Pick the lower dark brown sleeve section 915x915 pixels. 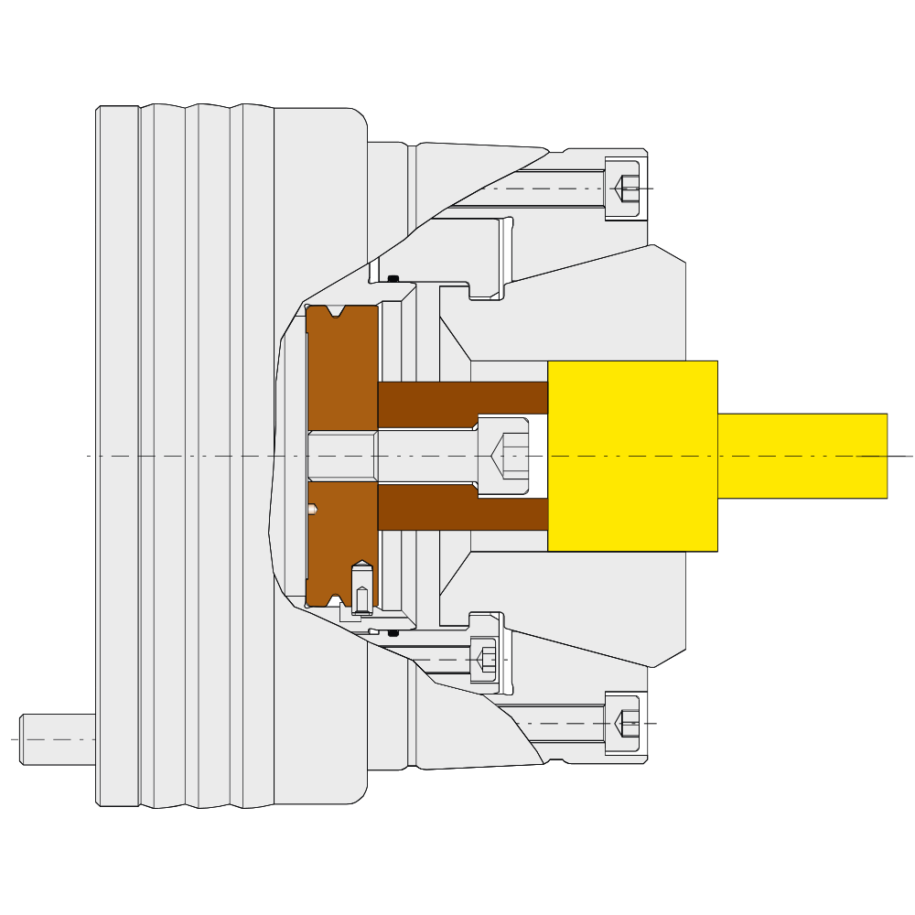[462, 508]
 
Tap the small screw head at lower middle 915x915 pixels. [484, 660]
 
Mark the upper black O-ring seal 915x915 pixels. [393, 278]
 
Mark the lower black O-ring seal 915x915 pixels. [393, 633]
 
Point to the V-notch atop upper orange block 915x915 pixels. [337, 312]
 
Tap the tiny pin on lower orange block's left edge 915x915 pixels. [312, 509]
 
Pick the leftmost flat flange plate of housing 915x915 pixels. [118, 456]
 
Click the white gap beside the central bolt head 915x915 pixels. [538, 456]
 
